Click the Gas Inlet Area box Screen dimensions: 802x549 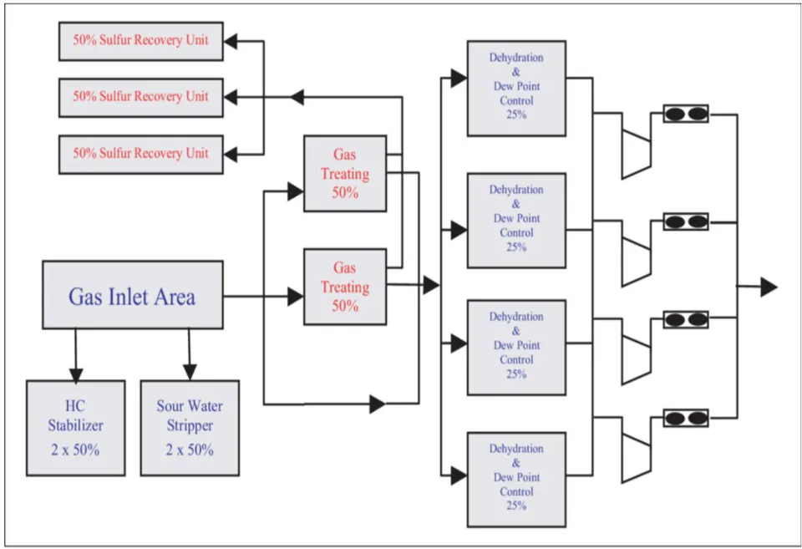coord(133,295)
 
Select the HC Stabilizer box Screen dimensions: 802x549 coord(76,428)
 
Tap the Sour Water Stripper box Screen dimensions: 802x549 coord(190,428)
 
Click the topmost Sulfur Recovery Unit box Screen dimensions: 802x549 coord(140,41)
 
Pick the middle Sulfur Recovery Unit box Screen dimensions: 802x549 coord(140,98)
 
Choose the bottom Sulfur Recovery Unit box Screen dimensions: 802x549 coord(140,155)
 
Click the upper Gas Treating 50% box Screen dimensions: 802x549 coord(345,174)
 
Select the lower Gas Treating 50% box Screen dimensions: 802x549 coord(345,287)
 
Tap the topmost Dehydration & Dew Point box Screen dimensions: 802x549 coord(516,88)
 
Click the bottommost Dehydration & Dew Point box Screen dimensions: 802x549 coord(516,480)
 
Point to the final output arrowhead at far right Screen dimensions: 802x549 coord(769,287)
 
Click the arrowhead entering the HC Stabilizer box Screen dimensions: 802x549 coord(76,375)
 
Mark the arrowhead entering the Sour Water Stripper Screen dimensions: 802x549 coord(190,372)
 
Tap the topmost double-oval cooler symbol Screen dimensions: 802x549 coord(686,114)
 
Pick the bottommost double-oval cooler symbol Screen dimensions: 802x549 coord(686,418)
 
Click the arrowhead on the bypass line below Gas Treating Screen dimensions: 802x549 coord(378,404)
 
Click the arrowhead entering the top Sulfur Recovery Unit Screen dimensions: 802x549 coord(231,42)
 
